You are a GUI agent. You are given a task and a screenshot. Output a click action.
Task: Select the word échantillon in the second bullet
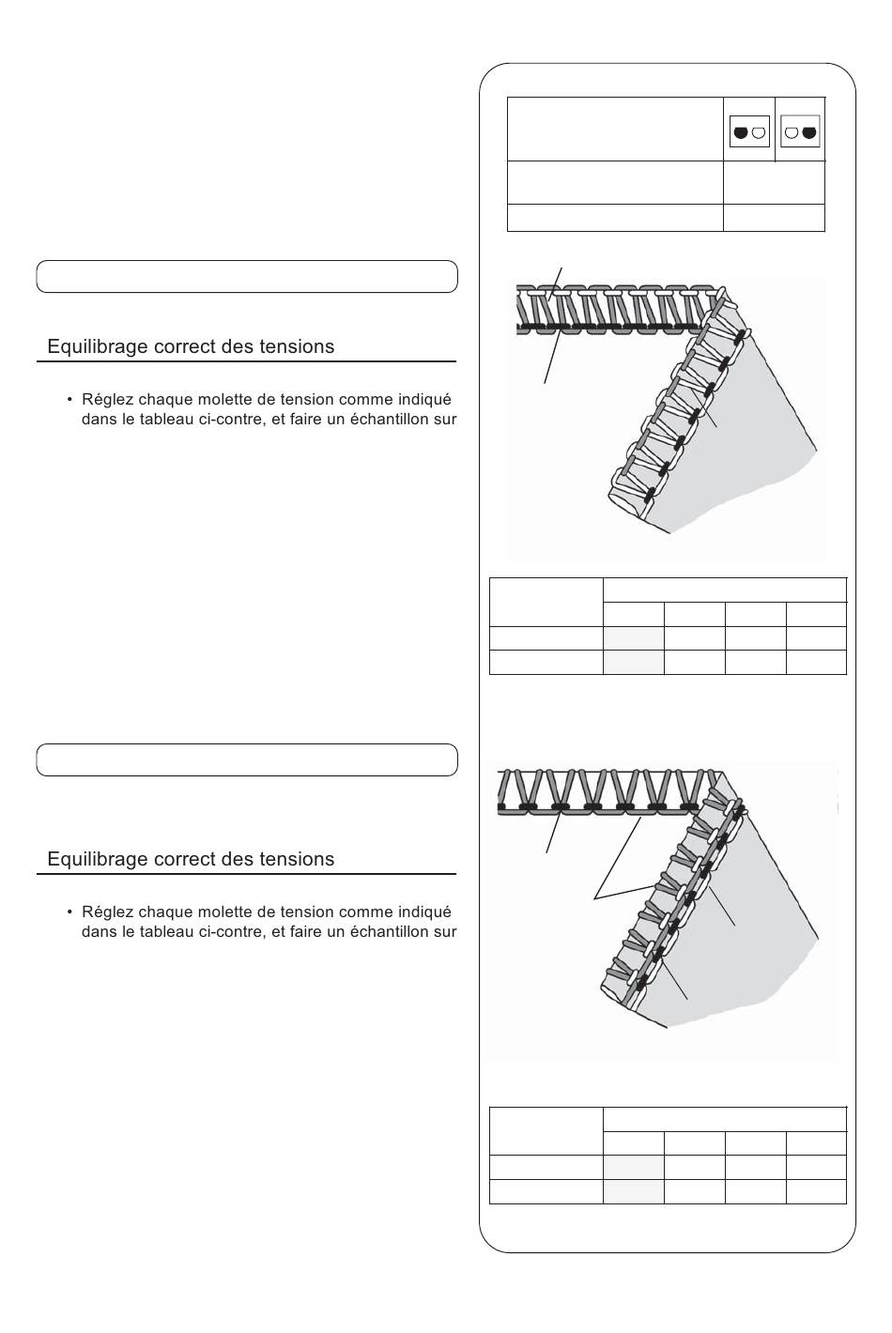coord(388,931)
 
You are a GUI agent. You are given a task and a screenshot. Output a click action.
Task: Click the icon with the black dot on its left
coord(749,131)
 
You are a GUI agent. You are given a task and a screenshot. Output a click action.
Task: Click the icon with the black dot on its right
coord(800,131)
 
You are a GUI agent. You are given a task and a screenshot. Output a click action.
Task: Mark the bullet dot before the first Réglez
coord(69,399)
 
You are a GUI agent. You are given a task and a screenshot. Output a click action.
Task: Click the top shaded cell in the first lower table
coord(634,638)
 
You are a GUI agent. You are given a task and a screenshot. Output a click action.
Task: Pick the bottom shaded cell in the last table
coord(634,1191)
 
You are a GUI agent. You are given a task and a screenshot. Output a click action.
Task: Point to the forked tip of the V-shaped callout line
coord(595,898)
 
